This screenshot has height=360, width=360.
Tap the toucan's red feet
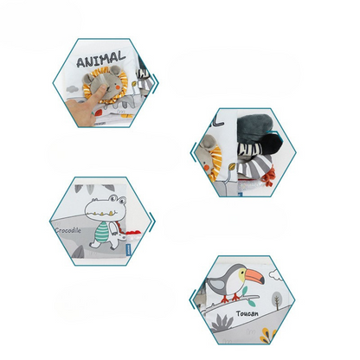[x=232, y=299]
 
